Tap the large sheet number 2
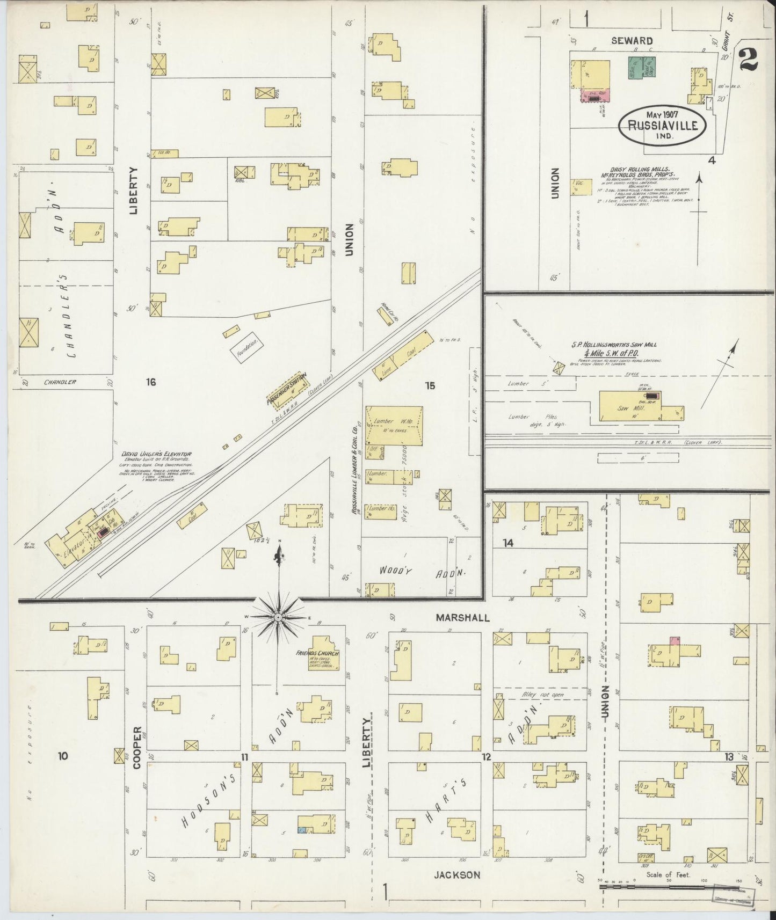(748, 58)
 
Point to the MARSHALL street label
(462, 618)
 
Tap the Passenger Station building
(288, 389)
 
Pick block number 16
(150, 382)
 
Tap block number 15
(430, 385)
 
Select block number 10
(63, 756)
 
